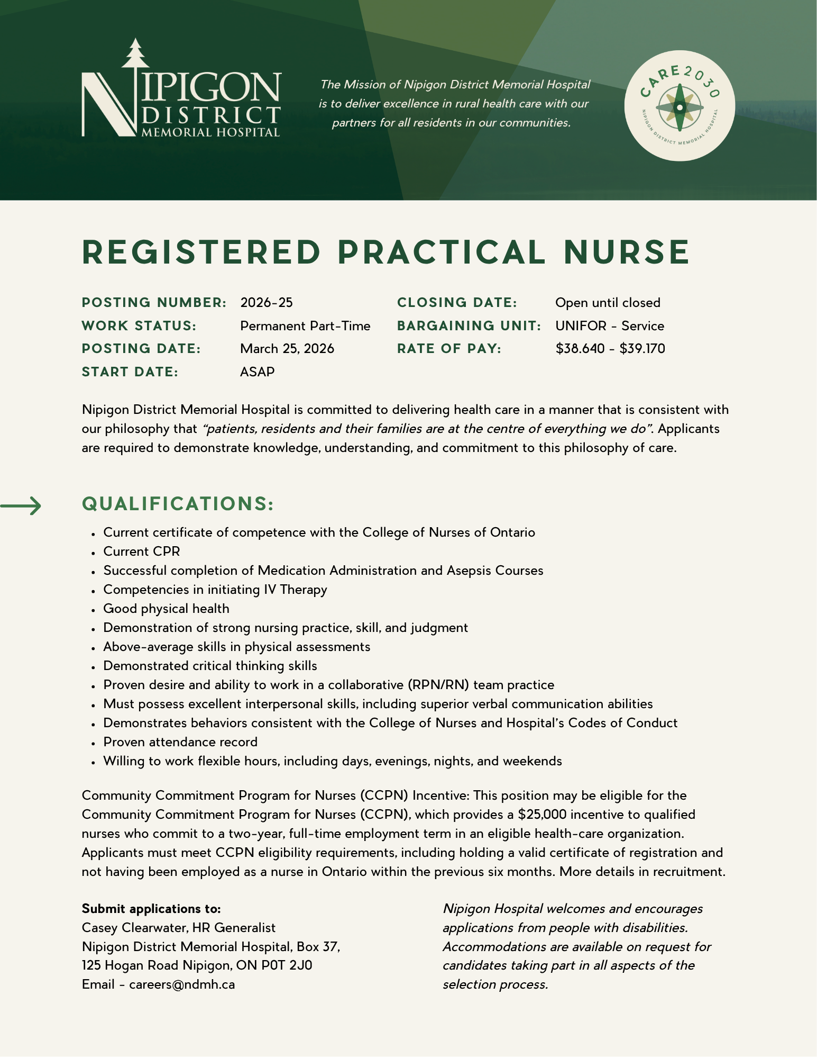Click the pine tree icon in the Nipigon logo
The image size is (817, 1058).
(136, 53)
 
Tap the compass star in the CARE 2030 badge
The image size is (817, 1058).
(680, 107)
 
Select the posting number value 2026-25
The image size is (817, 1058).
(267, 303)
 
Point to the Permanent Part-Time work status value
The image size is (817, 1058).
(305, 326)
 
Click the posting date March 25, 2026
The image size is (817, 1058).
(287, 349)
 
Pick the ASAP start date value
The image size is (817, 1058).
(258, 372)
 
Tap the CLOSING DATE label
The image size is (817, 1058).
(457, 303)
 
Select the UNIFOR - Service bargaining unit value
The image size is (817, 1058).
(610, 326)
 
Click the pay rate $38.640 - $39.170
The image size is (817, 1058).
(610, 349)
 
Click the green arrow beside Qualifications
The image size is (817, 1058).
(21, 506)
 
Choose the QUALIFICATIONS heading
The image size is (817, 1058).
(178, 504)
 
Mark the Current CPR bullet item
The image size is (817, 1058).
(142, 551)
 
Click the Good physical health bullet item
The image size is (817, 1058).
(166, 609)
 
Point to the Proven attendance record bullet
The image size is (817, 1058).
(180, 742)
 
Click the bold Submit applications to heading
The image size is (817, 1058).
(151, 909)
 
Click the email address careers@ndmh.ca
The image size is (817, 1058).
(182, 984)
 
